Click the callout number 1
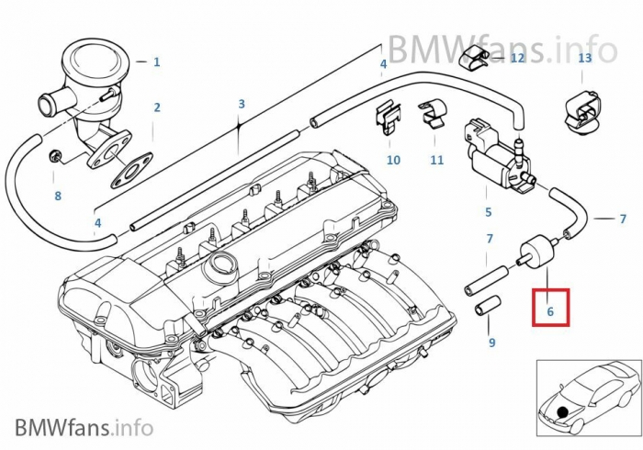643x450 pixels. [156, 62]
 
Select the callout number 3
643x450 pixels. [242, 105]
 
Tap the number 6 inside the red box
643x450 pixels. [550, 312]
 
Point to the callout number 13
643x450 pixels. [585, 58]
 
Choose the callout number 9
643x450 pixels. [491, 343]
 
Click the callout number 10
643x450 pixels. [393, 160]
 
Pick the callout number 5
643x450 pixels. [488, 212]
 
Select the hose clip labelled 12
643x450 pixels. [478, 61]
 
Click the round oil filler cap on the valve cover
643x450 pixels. [223, 272]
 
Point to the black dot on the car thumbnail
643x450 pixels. [561, 407]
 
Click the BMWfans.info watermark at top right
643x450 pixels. [501, 45]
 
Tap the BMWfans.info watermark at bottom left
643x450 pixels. [84, 426]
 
